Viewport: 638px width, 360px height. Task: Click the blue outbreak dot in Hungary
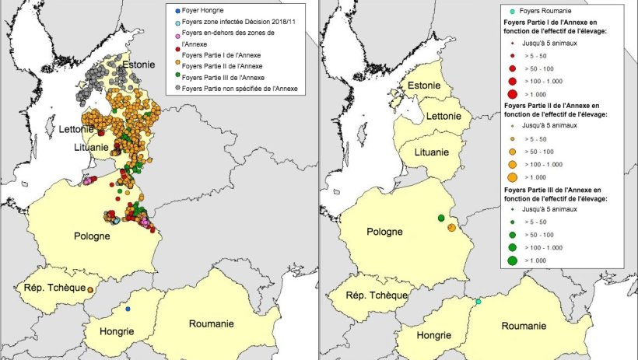(128, 309)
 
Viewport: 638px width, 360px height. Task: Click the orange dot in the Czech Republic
(90, 291)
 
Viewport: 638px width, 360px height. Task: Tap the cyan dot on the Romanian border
(478, 301)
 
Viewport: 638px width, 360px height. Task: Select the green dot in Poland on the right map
(440, 218)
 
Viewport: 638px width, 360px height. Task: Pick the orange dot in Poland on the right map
(451, 227)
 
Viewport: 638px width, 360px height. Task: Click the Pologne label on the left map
(97, 236)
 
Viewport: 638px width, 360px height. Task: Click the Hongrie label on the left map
(116, 330)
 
